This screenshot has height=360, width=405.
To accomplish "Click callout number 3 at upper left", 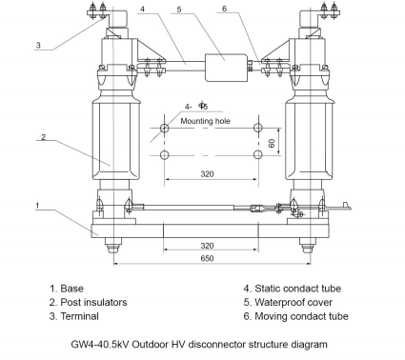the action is click(38, 45).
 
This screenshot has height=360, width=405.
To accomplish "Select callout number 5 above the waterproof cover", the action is click(179, 10).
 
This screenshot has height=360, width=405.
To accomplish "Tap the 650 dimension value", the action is click(207, 258).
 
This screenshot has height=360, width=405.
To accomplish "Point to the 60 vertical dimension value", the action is click(272, 143).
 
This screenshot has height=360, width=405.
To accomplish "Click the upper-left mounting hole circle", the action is click(164, 129).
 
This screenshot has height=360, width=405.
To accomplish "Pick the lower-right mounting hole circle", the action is click(258, 154).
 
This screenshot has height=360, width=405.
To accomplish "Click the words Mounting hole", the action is click(205, 121).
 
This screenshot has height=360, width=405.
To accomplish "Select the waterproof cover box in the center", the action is click(226, 68).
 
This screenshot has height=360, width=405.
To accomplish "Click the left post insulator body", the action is click(116, 140).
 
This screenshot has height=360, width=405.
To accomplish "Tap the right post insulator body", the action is click(309, 140).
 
